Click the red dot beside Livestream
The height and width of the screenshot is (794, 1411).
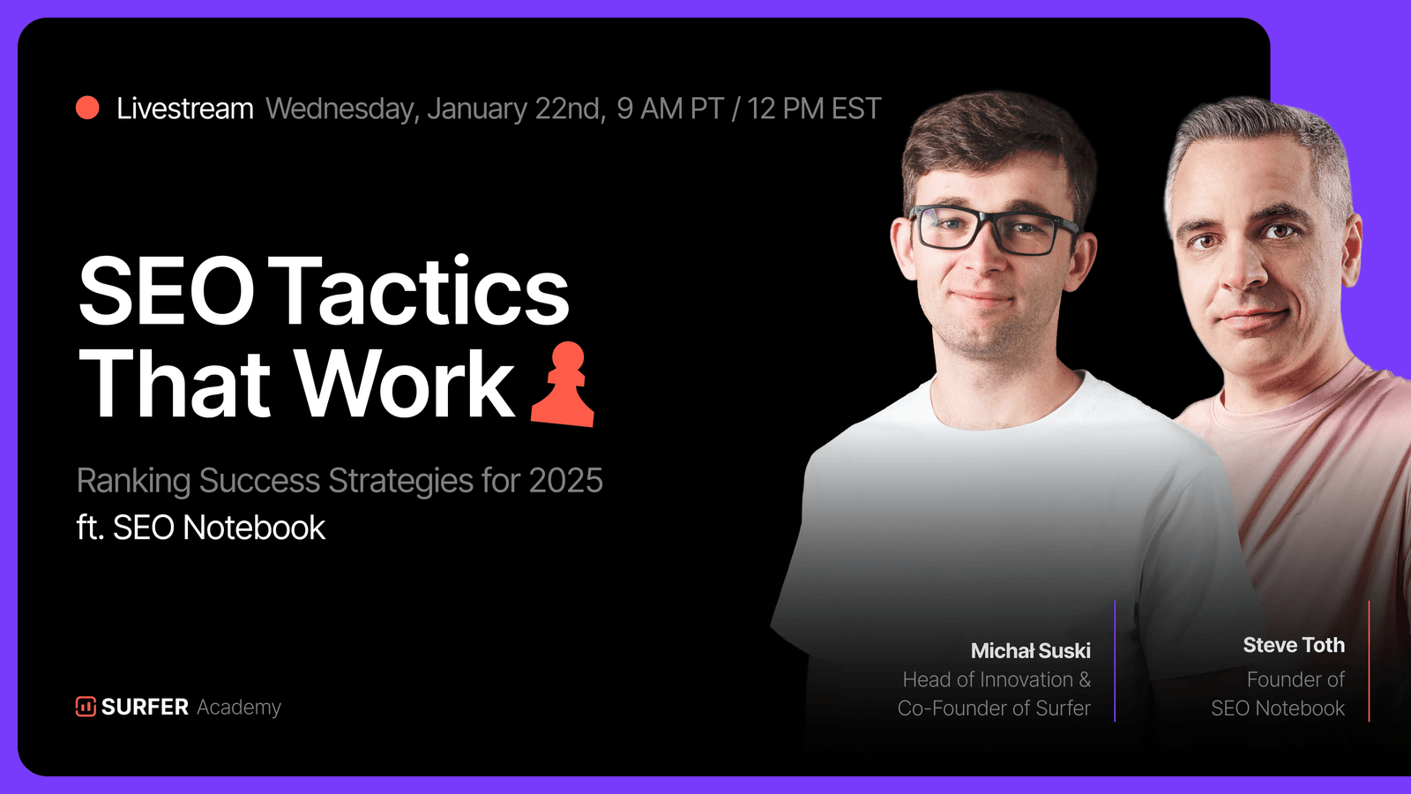[x=87, y=108]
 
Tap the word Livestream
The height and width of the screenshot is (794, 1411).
[x=184, y=109]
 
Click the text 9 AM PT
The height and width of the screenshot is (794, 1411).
[x=670, y=109]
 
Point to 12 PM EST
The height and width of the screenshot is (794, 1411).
[x=814, y=109]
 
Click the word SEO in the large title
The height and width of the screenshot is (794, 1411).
[x=167, y=290]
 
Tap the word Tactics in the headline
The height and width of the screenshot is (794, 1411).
[x=422, y=290]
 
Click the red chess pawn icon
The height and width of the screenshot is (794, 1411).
[x=563, y=385]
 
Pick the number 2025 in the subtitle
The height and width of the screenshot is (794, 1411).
[x=565, y=481]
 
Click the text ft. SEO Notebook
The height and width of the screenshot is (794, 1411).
[x=201, y=528]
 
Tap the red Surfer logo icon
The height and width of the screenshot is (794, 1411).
[x=86, y=707]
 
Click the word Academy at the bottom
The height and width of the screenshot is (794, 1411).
[x=239, y=708]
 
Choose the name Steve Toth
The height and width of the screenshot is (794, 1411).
[x=1294, y=645]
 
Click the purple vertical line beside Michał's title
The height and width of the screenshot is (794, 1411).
[x=1115, y=661]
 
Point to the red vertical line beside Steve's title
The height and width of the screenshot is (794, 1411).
[x=1369, y=661]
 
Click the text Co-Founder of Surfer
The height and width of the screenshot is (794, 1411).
[x=994, y=708]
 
